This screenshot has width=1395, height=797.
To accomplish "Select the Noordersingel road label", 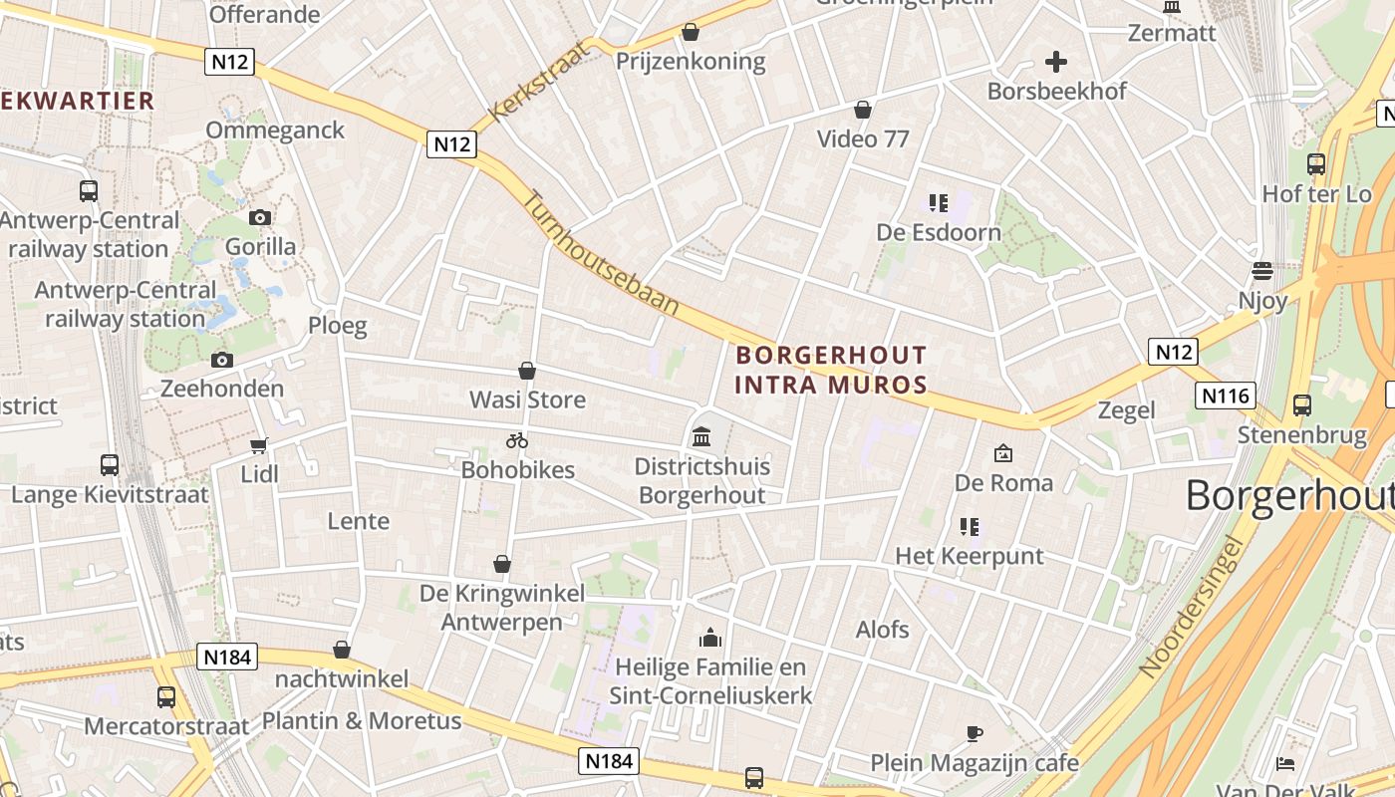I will [x=1192, y=608].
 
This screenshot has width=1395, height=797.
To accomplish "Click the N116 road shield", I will [x=1225, y=396].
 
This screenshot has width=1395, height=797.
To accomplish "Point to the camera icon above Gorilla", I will [x=259, y=217].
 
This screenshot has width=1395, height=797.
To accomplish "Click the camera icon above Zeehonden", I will [x=221, y=360].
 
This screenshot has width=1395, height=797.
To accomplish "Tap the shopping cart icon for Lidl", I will [x=259, y=445].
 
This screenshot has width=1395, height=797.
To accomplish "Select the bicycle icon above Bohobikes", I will [x=516, y=440].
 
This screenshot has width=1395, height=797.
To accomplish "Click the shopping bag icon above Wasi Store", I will [x=527, y=372].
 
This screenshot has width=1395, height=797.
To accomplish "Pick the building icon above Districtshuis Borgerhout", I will [x=701, y=436].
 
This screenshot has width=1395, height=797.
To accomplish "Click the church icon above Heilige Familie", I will [x=710, y=637].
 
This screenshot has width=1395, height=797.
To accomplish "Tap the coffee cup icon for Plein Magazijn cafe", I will [x=975, y=734].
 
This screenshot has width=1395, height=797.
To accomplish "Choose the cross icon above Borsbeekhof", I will [x=1056, y=62].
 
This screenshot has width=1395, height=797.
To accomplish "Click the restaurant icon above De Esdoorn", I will [x=939, y=203].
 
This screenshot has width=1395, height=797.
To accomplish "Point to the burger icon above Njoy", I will [x=1262, y=271].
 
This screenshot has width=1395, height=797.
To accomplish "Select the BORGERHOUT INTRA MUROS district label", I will [x=831, y=370].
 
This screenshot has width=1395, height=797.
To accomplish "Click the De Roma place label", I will [x=1003, y=483].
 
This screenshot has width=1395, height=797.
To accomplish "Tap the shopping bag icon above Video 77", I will [x=863, y=110].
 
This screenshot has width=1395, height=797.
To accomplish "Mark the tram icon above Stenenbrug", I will [x=1302, y=405].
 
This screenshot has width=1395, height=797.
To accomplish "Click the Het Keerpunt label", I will [x=970, y=556].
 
